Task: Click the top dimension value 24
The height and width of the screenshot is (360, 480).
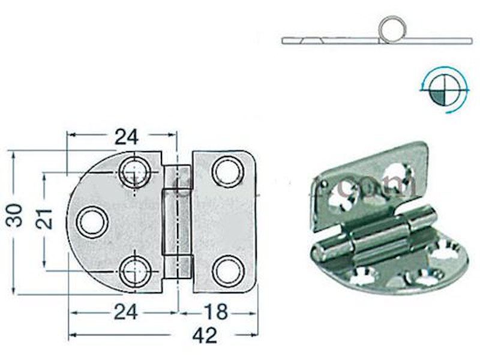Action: point(126,137)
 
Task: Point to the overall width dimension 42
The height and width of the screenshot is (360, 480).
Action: point(204,336)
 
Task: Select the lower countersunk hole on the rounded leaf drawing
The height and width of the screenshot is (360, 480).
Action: point(133,272)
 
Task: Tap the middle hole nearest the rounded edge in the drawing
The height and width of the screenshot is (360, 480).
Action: point(92,221)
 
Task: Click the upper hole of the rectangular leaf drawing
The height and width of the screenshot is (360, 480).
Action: point(227,172)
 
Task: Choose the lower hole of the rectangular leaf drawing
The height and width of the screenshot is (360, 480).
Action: point(228,271)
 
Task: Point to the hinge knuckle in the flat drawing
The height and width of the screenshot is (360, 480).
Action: point(178,221)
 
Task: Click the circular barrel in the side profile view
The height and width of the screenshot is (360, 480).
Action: point(392,29)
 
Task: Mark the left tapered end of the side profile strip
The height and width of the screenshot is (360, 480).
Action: point(287,41)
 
